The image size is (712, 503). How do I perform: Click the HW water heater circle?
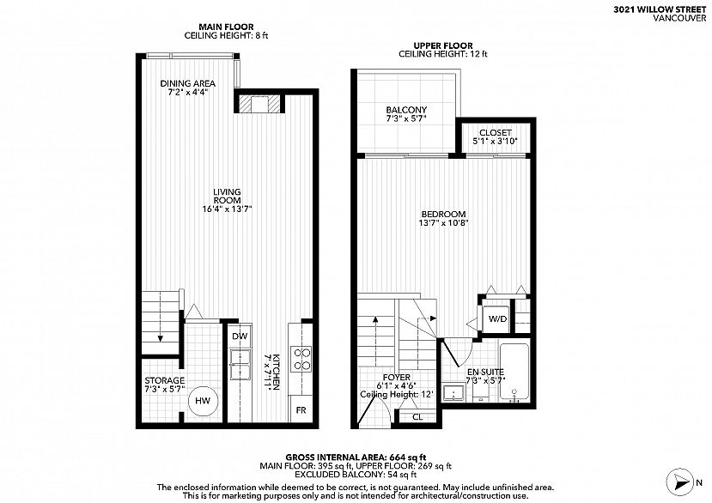pos(203,400)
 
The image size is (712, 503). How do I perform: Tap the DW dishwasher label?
pos(240,336)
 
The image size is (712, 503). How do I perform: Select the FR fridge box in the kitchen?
pos(301,409)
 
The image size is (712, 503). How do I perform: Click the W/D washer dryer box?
pos(496,318)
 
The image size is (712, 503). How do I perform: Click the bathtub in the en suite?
pos(514,373)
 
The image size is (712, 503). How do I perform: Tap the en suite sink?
pos(453,393)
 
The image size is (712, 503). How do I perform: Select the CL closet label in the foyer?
pos(417,416)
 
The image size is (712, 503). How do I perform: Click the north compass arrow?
pos(680,482)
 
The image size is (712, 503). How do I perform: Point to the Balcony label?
pos(406,110)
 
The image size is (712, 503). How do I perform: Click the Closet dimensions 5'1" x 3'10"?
pos(495,141)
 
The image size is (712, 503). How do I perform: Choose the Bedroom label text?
pos(443,215)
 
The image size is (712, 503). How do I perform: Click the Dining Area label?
pos(187,83)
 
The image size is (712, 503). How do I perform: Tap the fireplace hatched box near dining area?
pos(259,104)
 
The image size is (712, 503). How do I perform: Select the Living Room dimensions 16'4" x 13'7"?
pos(227,209)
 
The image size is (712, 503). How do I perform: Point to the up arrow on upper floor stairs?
pos(375,342)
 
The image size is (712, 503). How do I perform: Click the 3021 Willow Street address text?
pos(660,10)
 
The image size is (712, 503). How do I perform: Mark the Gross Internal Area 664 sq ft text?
pos(356,458)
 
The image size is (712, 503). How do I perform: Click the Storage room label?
pos(164,380)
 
